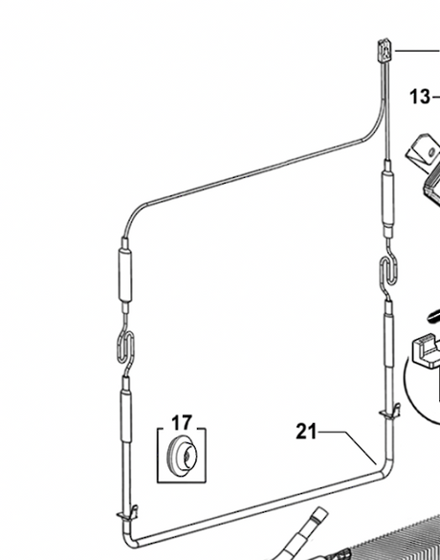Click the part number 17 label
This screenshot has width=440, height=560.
tap(182, 423)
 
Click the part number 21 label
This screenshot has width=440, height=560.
tap(306, 432)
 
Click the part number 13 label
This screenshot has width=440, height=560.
tap(420, 97)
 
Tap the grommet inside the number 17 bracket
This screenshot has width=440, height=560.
tap(182, 456)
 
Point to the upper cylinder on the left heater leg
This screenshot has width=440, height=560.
tap(124, 274)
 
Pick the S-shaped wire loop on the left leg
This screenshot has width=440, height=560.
tap(126, 347)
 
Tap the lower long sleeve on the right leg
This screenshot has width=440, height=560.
tap(388, 338)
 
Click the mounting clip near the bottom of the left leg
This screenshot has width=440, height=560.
tap(127, 513)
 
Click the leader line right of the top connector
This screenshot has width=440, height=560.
tap(417, 51)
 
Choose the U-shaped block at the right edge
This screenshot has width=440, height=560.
tap(426, 350)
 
